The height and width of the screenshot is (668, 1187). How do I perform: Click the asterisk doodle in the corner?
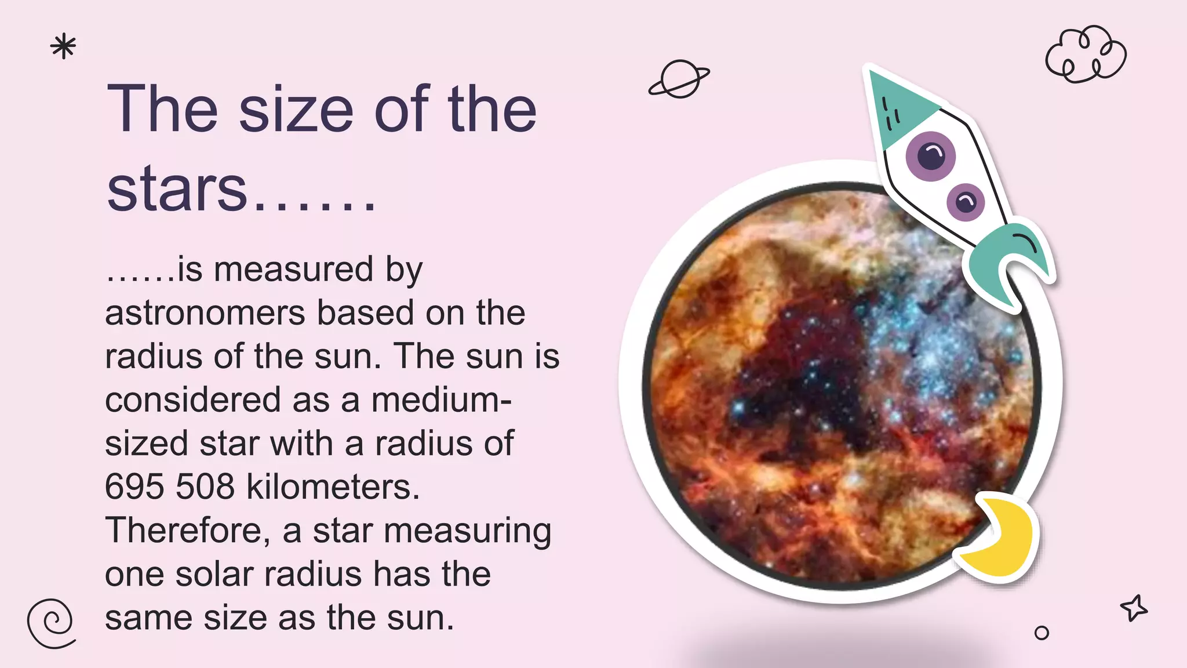(63, 47)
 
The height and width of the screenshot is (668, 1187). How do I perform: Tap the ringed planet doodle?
(679, 79)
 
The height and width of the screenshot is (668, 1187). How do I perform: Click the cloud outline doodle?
(1086, 55)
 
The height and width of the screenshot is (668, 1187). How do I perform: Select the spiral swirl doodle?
(51, 623)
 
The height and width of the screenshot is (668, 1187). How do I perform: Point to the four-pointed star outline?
(1134, 608)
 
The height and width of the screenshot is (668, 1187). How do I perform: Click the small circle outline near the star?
(1042, 633)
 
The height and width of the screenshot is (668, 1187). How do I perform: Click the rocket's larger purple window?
(931, 155)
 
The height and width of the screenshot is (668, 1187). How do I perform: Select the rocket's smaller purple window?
(966, 202)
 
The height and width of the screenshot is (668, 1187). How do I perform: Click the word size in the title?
(296, 109)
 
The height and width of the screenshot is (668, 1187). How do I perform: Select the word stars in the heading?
(177, 189)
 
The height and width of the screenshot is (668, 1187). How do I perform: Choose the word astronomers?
(205, 313)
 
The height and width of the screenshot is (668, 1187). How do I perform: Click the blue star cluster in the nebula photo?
(933, 354)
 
